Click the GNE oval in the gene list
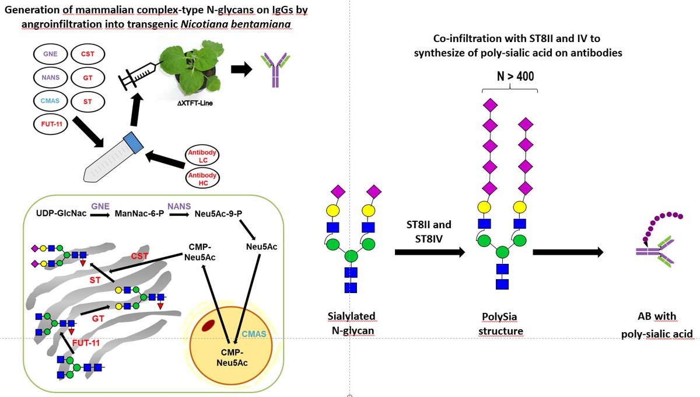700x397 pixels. coord(50,54)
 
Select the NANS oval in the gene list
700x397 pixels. coord(50,77)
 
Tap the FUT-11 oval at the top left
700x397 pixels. coord(50,124)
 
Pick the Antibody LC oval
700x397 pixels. coord(202,156)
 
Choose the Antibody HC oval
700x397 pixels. coord(202,179)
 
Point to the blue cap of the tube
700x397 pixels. coord(134,142)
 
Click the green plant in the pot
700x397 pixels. coord(192,67)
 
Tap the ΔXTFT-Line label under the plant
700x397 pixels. coord(195,103)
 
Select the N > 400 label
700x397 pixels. coord(515,76)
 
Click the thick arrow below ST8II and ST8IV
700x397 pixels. coord(430,252)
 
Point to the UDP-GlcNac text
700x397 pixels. coord(61,213)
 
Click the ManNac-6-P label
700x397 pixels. coord(139,214)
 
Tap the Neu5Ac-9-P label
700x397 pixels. coord(218,214)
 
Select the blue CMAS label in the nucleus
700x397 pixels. coord(254,334)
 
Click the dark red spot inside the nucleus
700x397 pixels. coord(208,325)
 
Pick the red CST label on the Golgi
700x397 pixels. coord(139,256)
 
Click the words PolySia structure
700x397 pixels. coord(501,324)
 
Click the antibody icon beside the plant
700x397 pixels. coord(275,69)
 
